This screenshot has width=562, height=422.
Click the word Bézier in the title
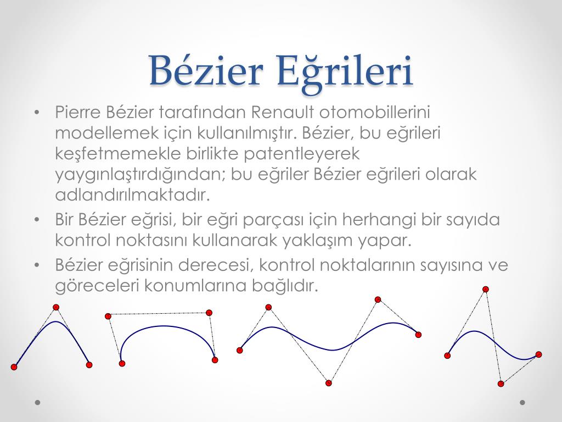pyautogui.click(x=206, y=70)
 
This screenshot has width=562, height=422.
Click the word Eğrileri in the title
pyautogui.click(x=345, y=72)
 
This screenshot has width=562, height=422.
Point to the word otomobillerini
pyautogui.click(x=374, y=112)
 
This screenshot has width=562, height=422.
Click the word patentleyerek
pyautogui.click(x=301, y=154)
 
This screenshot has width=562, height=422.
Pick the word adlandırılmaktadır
pyautogui.click(x=132, y=195)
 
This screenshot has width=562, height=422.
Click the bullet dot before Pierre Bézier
pyautogui.click(x=37, y=112)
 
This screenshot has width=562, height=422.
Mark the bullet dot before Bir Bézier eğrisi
pyautogui.click(x=37, y=219)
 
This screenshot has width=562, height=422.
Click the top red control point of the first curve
pyautogui.click(x=56, y=307)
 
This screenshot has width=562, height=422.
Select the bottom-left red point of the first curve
pyautogui.click(x=14, y=367)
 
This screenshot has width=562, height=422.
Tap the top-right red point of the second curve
pyautogui.click(x=209, y=313)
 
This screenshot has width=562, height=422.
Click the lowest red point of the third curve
pyautogui.click(x=329, y=383)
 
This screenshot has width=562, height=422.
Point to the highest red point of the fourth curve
pyautogui.click(x=486, y=289)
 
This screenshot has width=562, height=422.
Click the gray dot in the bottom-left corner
pyautogui.click(x=38, y=402)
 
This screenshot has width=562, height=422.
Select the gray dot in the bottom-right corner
pyautogui.click(x=522, y=402)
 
